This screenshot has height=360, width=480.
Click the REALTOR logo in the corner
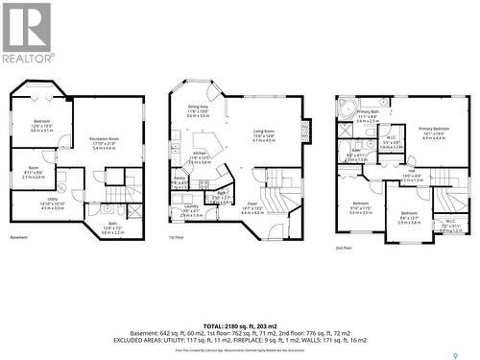point(27,34)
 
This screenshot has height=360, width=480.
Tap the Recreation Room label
point(104,141)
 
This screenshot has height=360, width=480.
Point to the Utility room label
point(53,204)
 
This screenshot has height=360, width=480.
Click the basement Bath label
point(112,228)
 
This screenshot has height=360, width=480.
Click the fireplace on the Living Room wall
point(305,131)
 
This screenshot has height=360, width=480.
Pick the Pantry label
point(180,179)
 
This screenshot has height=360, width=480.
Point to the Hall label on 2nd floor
point(383,172)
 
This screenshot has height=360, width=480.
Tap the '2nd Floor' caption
point(344,248)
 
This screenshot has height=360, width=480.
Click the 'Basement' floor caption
point(19,237)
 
